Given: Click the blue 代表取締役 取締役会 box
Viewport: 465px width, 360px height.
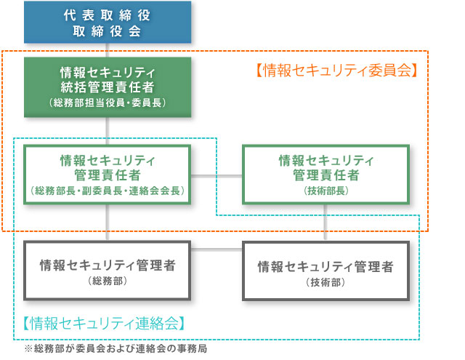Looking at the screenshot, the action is tap(108, 23).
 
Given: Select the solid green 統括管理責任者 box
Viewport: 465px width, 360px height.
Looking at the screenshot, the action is tap(108, 87).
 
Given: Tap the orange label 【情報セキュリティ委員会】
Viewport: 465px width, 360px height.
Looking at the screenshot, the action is tap(337, 71).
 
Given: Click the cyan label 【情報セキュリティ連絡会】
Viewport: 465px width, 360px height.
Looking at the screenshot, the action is tap(105, 323).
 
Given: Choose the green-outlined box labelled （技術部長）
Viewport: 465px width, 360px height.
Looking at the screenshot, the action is tap(326, 175).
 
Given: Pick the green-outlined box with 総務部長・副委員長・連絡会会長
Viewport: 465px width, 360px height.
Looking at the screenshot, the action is tap(107, 175).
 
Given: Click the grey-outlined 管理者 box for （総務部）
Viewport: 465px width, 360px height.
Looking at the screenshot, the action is tap(107, 271).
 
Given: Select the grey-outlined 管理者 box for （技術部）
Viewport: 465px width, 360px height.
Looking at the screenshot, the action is tap(326, 271).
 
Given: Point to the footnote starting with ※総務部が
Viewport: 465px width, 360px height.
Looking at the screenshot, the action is tap(116, 348).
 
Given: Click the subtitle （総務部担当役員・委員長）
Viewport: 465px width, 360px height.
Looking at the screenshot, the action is tap(108, 103).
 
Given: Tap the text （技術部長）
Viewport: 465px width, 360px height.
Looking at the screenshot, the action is tap(326, 191).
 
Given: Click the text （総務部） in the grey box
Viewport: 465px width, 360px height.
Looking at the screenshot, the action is tap(108, 281).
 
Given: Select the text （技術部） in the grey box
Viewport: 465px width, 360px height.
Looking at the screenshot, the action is tap(325, 282).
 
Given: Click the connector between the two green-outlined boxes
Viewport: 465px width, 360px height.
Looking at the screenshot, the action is tap(217, 176).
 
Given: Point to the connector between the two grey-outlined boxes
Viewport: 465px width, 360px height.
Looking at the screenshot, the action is tap(217, 249).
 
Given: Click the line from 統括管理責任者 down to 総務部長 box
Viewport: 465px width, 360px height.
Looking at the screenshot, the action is tap(108, 131).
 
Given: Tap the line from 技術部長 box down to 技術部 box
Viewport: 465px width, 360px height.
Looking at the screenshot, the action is tap(325, 223).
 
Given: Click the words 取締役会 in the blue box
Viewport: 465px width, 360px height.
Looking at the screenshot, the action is tap(107, 31).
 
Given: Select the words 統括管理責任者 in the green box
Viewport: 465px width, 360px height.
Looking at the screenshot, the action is tap(108, 87).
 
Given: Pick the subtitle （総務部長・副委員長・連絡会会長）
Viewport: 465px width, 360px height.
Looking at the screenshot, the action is tap(108, 191).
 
